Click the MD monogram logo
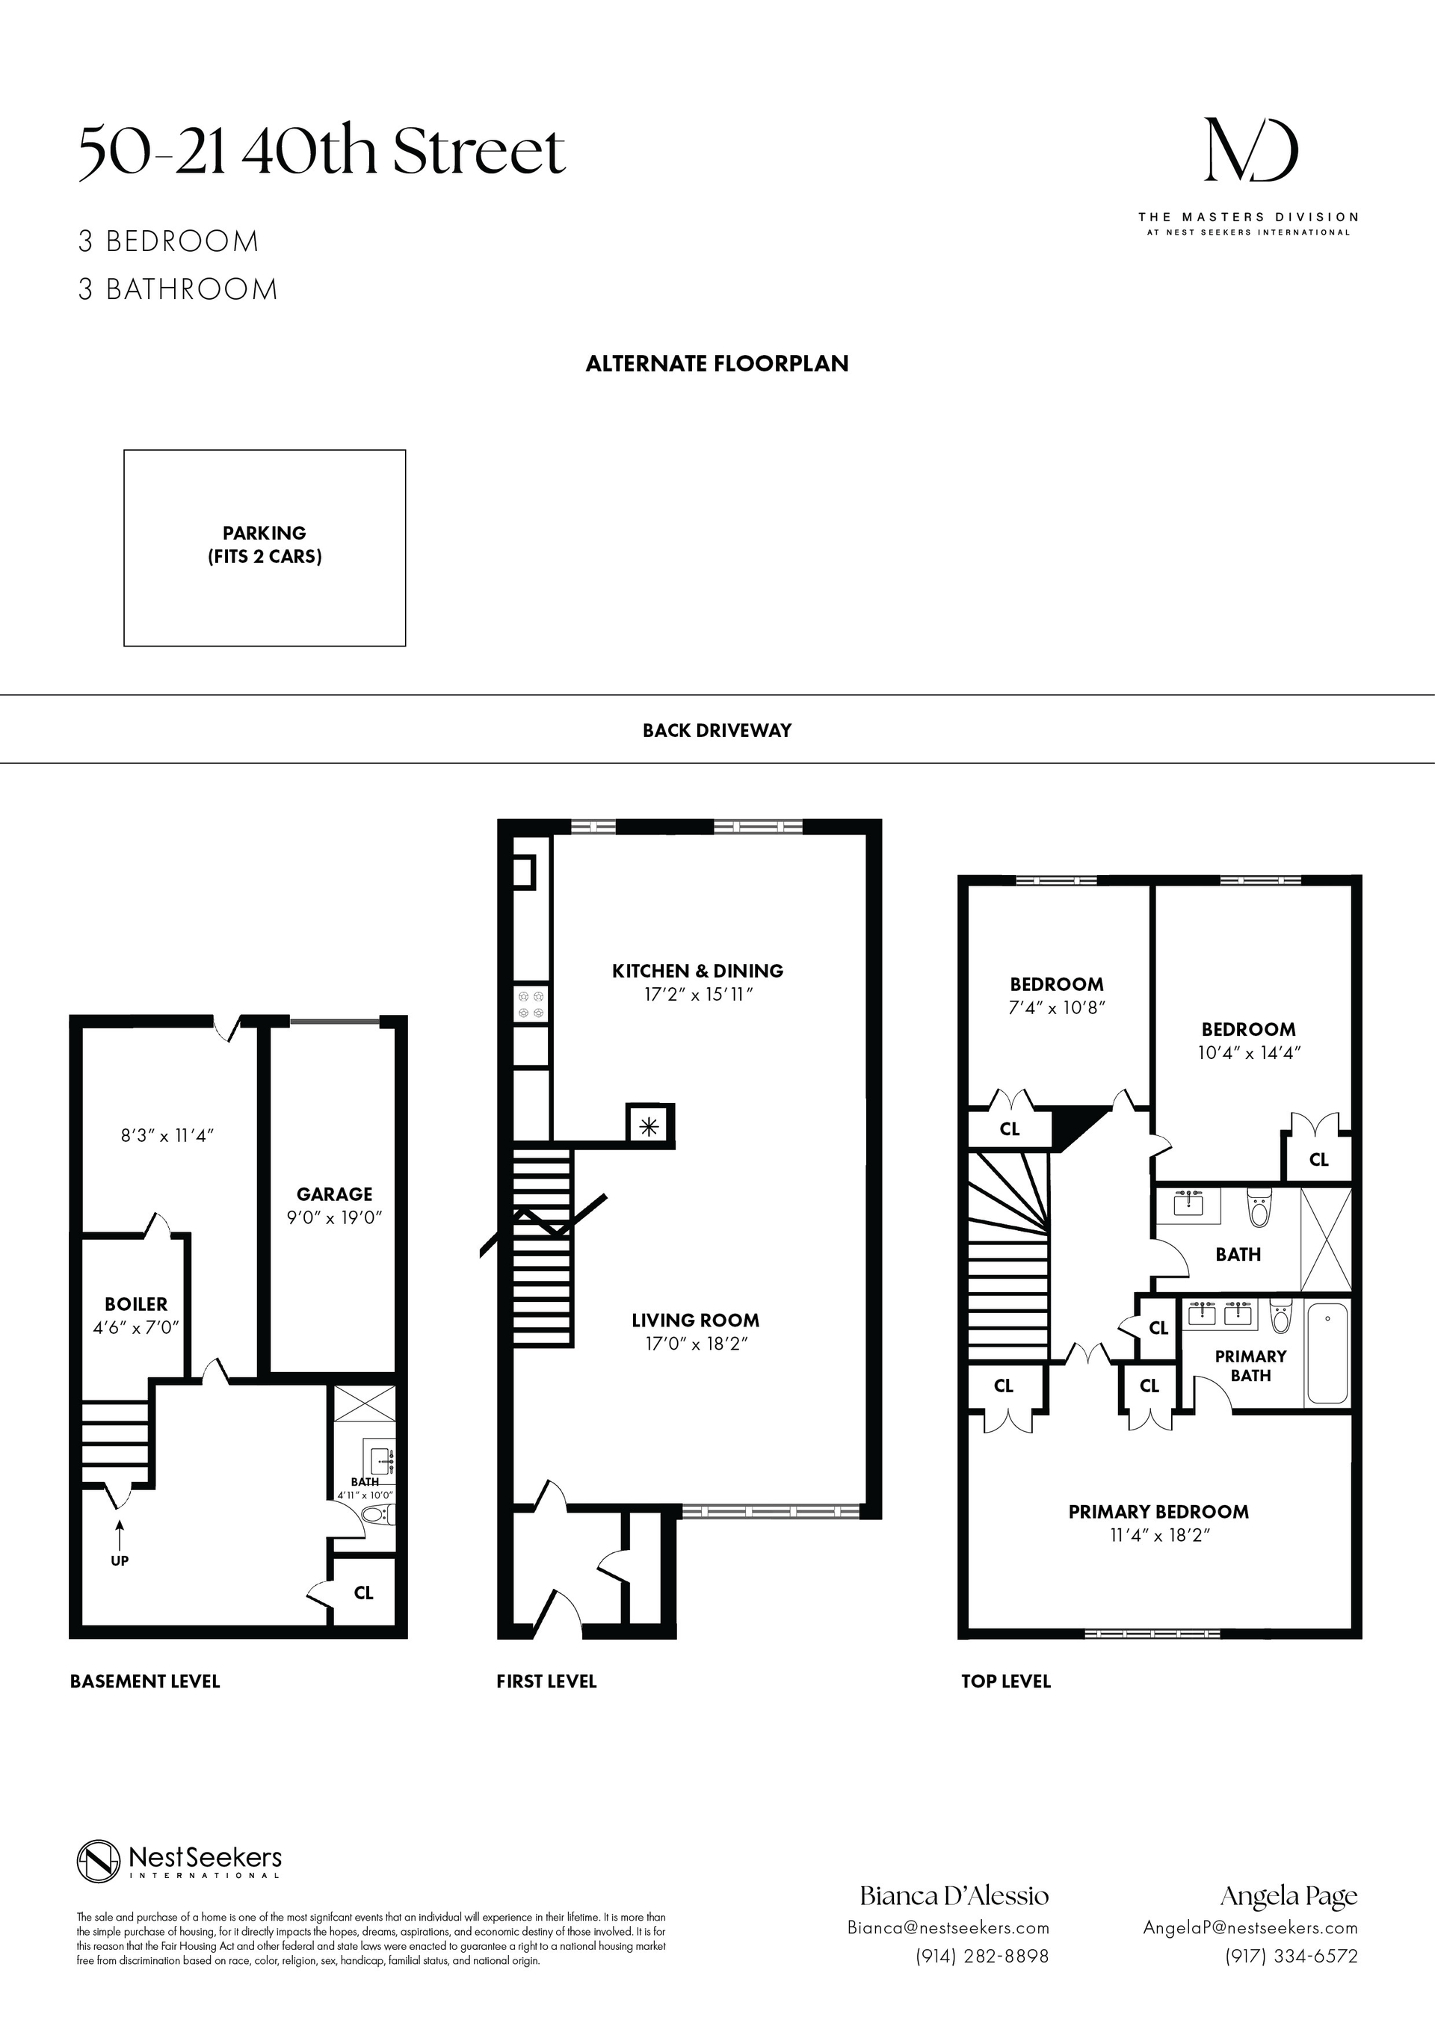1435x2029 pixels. (1251, 151)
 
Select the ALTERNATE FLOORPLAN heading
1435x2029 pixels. (717, 363)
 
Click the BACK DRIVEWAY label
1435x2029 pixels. (717, 730)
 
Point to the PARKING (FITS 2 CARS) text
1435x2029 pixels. (264, 544)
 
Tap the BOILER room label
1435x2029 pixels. (136, 1303)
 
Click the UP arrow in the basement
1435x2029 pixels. (120, 1534)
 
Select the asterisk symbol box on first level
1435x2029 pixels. (650, 1125)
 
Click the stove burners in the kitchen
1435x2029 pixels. (532, 1004)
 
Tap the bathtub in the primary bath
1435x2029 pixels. (1327, 1353)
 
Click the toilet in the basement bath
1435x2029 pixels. (379, 1515)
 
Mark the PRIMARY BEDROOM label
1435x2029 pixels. (1158, 1511)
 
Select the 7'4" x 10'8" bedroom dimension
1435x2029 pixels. (1057, 1007)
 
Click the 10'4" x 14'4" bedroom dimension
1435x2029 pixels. (1249, 1052)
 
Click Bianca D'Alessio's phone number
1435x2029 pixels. (981, 1956)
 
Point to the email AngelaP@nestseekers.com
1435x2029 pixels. (1250, 1927)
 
